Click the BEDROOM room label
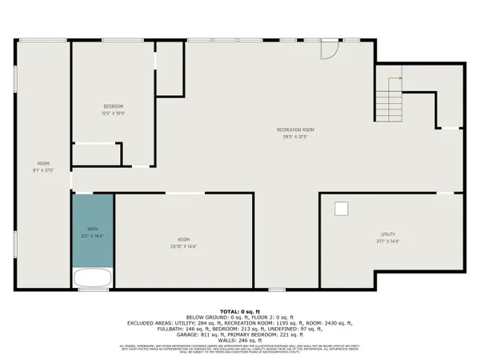point(113,106)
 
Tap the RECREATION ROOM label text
point(295,130)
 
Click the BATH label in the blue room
point(93,229)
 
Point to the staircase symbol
point(390,100)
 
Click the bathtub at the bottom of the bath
point(93,278)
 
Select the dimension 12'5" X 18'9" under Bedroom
point(113,114)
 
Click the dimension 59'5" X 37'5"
point(295,137)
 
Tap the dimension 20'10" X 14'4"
point(183,246)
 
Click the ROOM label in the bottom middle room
point(183,240)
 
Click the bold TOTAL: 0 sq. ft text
point(240,310)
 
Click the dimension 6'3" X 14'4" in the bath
point(93,236)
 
